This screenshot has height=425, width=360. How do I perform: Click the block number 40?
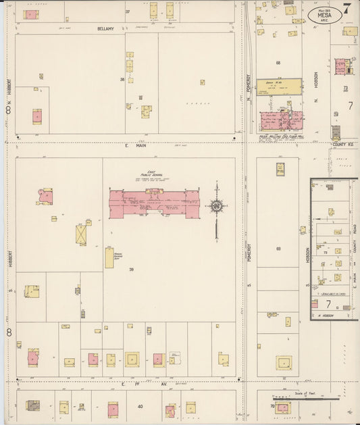coord(140,406)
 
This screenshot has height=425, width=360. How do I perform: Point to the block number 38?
coord(122,79)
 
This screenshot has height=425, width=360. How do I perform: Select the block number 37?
coord(127,12)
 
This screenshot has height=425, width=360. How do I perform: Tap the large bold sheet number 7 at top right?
coord(346,9)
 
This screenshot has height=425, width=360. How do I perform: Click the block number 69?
coord(278,249)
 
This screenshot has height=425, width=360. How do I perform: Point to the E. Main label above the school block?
coord(126,145)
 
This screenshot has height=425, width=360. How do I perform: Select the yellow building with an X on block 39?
coord(82,235)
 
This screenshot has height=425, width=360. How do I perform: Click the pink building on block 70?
coord(282,408)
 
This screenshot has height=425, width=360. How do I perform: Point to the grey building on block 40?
coord(32,405)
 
